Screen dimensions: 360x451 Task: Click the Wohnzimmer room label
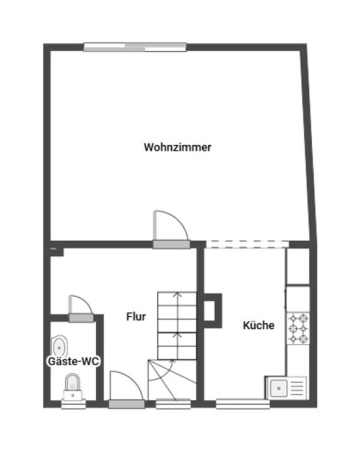pos(178,147)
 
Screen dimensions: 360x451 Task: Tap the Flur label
pos(136,317)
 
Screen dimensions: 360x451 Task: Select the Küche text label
pos(259,325)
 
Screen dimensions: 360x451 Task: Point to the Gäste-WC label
pos(73,361)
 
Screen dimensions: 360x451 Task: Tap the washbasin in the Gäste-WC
pos(60,347)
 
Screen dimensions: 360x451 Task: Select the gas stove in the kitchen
pos(298,328)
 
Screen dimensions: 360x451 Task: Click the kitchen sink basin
pos(278,389)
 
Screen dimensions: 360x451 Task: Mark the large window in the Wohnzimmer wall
pos(135,47)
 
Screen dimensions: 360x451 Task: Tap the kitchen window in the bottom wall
pos(243,404)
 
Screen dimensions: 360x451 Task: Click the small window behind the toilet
pos(73,404)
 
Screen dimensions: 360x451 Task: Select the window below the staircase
pos(173,404)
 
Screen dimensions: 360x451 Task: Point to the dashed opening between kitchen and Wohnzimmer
pos(247,244)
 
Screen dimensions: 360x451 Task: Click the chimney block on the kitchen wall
pos(213,311)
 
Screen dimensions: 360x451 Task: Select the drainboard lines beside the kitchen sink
pos(297,389)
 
